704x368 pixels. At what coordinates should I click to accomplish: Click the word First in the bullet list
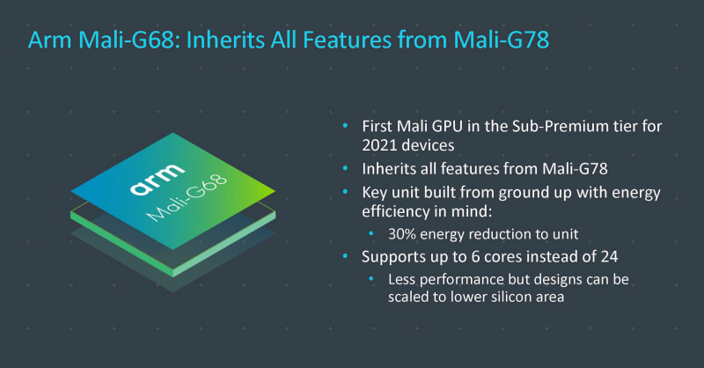(379, 127)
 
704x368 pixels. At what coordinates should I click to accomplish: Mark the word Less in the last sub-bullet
(403, 280)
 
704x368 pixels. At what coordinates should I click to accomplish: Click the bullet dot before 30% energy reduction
(371, 235)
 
